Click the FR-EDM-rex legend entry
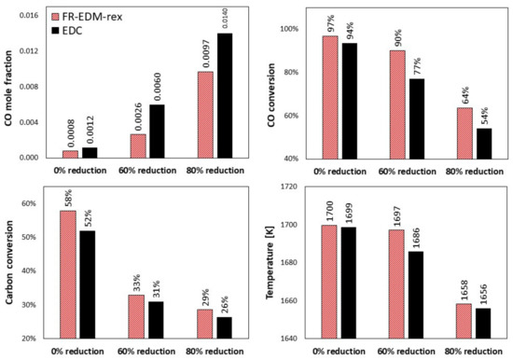[91, 17]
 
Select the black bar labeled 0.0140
[224, 95]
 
